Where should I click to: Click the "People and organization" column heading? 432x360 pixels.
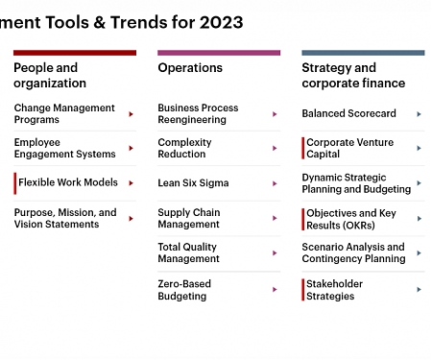pos(46,75)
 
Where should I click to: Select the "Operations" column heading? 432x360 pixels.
pos(190,68)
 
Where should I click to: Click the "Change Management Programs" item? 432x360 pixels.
pos(64,113)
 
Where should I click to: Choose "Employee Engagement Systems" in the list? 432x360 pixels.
pos(64,148)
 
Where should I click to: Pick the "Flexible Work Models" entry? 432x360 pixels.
pos(68,182)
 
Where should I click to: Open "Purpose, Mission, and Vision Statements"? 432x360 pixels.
pos(65,218)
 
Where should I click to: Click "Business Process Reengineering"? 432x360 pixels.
pos(198,113)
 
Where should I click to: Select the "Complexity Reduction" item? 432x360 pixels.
pos(184,148)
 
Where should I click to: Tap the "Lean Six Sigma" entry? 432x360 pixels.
pos(193,182)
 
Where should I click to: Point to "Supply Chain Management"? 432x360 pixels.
pos(189,218)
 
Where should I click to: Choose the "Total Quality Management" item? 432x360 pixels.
pos(188,252)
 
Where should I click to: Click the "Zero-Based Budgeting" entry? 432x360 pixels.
pos(184,290)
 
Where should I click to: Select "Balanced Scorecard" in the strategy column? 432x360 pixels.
pos(348,113)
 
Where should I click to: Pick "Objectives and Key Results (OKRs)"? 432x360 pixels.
pos(349,219)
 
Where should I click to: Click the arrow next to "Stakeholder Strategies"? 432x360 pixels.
pos(420,290)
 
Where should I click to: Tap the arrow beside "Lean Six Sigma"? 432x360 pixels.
pos(276,183)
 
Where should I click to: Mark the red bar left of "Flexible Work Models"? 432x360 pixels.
pos(15,182)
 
